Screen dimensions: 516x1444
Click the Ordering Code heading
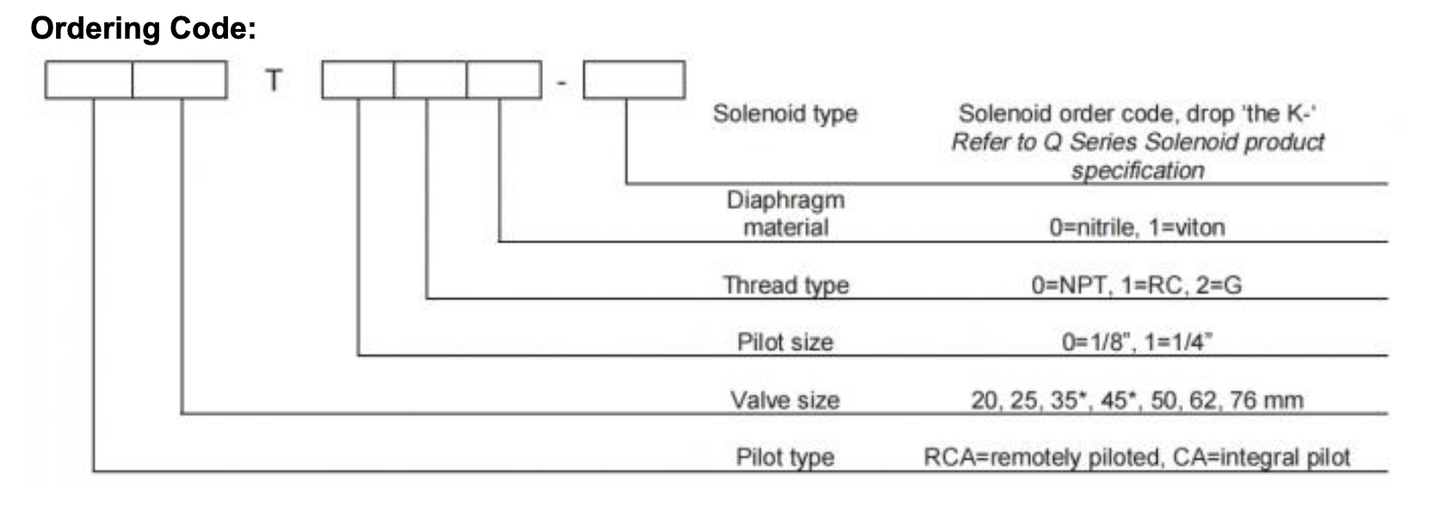143,28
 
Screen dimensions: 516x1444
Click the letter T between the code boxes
274,80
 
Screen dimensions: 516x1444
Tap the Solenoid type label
785,114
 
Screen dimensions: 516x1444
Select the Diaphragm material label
785,213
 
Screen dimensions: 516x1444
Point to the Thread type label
785,285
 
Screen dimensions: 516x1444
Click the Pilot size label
785,342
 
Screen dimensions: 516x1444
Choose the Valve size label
785,400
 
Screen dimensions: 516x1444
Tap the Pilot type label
785,457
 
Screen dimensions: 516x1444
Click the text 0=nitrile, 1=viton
1137,228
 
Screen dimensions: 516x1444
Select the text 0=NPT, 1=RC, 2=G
1137,285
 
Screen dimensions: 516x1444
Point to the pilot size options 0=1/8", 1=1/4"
1137,342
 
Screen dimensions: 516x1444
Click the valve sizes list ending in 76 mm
1137,400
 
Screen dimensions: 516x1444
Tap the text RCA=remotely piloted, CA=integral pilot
1137,457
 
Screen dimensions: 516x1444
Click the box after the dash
634,80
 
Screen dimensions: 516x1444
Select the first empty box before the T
89,80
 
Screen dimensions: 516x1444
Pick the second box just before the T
180,80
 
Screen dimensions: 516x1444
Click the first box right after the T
358,80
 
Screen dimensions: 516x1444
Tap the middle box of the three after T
430,80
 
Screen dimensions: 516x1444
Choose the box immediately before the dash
504,80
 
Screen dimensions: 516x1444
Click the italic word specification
1137,170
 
